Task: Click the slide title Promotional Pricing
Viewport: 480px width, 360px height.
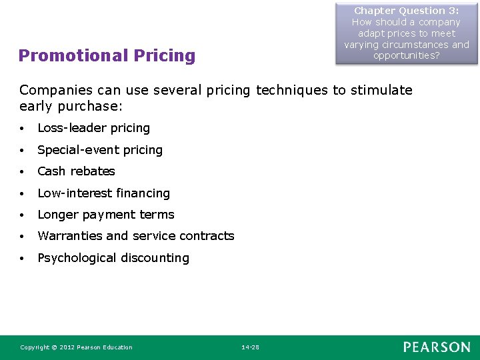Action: (x=107, y=55)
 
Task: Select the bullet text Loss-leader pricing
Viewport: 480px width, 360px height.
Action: (x=93, y=128)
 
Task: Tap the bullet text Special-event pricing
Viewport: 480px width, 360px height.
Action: (x=100, y=150)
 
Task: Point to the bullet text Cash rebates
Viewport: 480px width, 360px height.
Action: (x=76, y=171)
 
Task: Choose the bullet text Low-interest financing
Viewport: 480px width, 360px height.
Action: (x=103, y=193)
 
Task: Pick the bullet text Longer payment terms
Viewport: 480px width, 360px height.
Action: (x=105, y=215)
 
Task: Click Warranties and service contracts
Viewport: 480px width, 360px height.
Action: (x=135, y=236)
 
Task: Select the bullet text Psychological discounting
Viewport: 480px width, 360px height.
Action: (x=113, y=258)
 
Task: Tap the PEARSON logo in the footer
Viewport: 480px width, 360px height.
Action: (x=436, y=347)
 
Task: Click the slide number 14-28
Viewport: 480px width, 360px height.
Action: (x=251, y=347)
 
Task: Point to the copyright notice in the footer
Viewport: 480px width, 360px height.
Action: (x=76, y=347)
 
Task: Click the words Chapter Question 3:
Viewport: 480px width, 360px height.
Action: (x=407, y=11)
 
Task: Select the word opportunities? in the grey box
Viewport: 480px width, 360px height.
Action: (x=407, y=56)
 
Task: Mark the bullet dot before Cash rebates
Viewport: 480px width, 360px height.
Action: (x=23, y=172)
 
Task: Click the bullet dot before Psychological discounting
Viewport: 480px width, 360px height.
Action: (x=23, y=259)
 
